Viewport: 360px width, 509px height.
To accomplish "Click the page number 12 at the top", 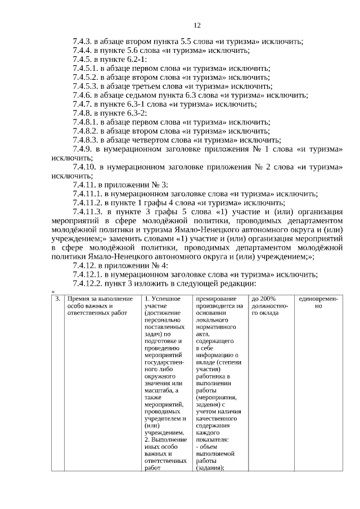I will click(x=197, y=25).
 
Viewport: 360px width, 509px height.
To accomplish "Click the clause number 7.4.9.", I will click(x=82, y=150).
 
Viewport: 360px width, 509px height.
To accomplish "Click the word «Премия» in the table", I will click(x=78, y=299).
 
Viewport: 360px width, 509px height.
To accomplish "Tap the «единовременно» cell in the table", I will click(x=318, y=302).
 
